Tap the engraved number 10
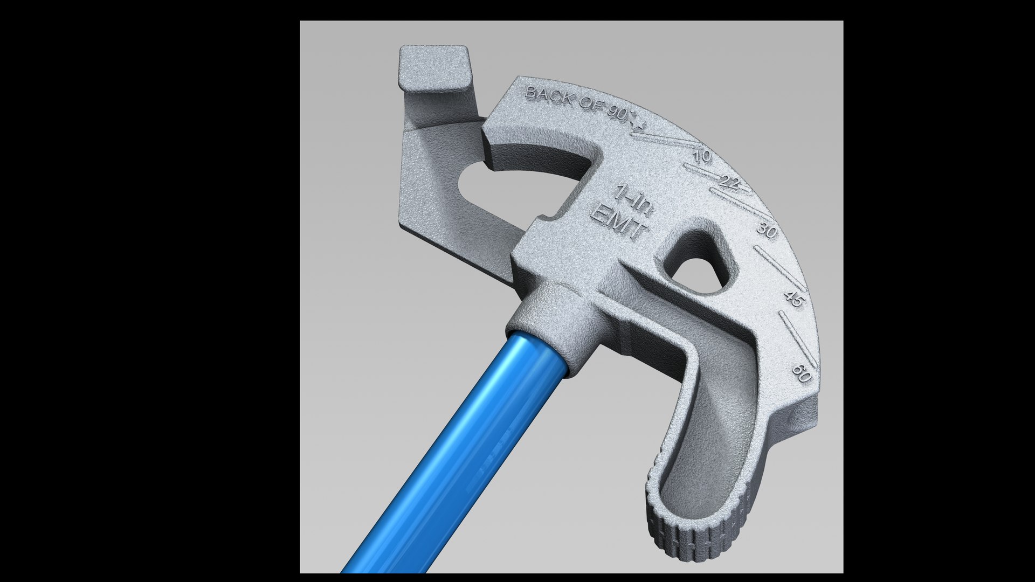[702, 157]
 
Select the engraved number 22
[729, 183]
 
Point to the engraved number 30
[766, 230]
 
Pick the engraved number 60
[802, 373]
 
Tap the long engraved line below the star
[668, 141]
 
